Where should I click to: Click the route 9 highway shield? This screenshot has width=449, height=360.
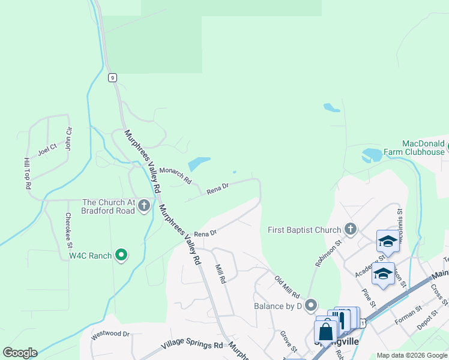tap(112, 77)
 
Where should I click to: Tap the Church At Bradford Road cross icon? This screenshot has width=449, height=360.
tap(143, 206)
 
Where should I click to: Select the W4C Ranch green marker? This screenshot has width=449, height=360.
tap(121, 256)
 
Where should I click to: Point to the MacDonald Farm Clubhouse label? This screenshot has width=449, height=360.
tap(423, 148)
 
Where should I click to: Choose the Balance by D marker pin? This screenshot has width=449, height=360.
tap(310, 306)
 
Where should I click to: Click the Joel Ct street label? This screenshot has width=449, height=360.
tap(47, 149)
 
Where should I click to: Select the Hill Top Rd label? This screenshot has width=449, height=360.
tap(27, 174)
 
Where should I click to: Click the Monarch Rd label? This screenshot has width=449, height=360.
tap(175, 175)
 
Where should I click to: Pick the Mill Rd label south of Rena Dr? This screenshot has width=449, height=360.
tap(220, 273)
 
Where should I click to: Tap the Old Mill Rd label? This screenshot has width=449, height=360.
tap(287, 287)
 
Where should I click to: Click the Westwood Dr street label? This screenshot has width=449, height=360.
tap(110, 334)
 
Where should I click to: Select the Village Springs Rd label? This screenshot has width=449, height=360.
tap(192, 346)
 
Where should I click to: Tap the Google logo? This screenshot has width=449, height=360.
tap(20, 353)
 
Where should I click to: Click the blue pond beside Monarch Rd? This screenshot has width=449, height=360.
tap(199, 164)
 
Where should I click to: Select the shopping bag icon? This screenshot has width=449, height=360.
tap(325, 331)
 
